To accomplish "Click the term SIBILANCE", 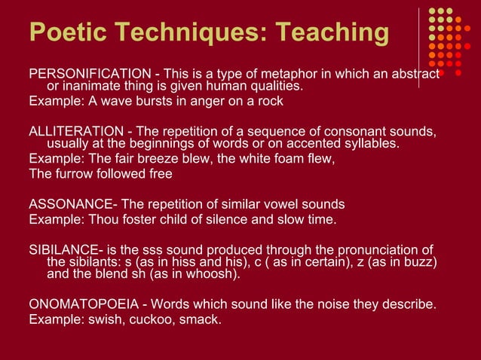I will (66, 249).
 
